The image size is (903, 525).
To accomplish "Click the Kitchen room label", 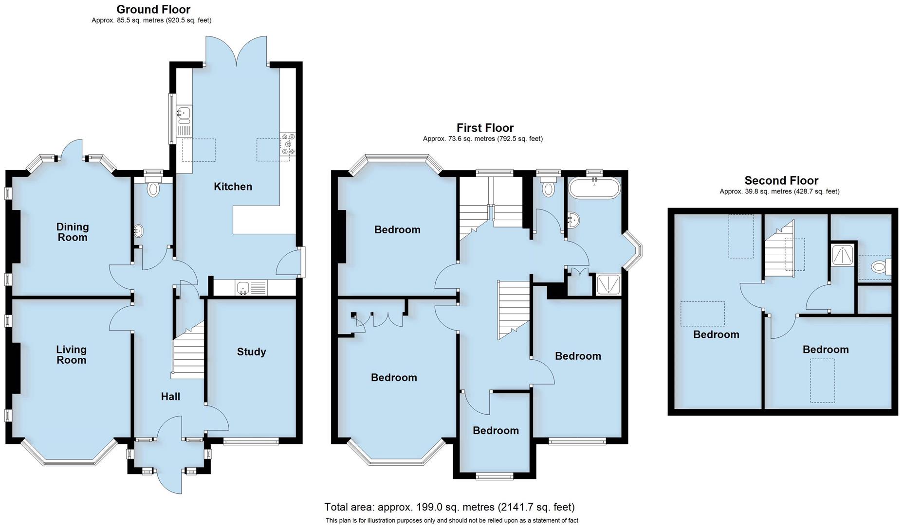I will click(233, 187).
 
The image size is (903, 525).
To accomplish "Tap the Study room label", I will click(251, 352).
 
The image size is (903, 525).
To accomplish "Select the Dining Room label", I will click(73, 232).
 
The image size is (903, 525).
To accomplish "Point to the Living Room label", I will click(71, 354).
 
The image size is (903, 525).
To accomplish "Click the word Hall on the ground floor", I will click(170, 397).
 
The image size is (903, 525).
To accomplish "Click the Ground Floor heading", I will click(153, 9).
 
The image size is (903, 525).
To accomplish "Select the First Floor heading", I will click(485, 128).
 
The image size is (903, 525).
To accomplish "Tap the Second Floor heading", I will click(781, 181).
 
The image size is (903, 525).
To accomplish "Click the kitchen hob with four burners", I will click(288, 144).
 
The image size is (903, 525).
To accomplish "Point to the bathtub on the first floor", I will click(594, 188).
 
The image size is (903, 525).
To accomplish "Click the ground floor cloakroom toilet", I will click(153, 189).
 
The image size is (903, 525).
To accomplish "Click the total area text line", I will click(449, 507).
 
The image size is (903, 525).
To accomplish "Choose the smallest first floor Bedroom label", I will click(496, 431).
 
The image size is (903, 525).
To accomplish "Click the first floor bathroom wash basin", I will click(573, 221).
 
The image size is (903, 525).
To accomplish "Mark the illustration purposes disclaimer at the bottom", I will click(451, 521).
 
